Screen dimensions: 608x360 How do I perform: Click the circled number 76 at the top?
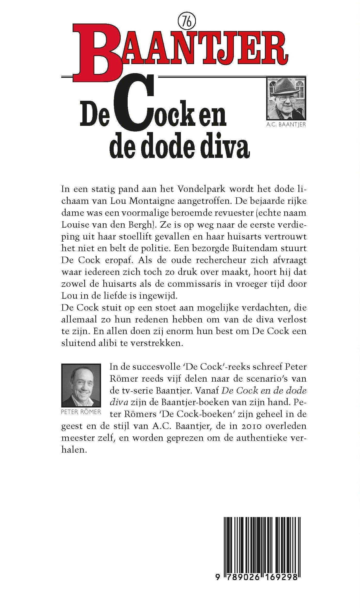187,22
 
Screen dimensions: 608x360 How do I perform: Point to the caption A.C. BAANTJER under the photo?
286,125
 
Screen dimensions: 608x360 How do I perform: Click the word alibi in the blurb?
109,343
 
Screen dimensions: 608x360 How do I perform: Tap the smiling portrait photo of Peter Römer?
81,385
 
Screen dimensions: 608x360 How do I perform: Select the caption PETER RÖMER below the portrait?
81,412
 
